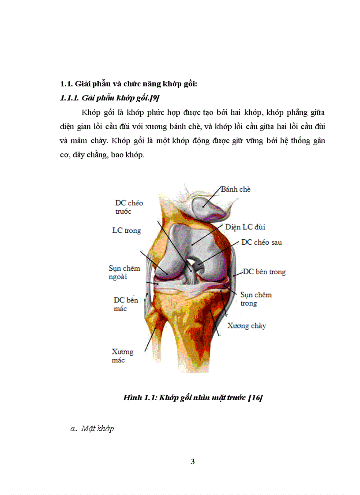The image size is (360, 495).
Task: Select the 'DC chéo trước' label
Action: (129, 207)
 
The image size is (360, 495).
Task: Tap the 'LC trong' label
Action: (126, 231)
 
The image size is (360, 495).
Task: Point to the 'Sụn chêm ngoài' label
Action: (124, 272)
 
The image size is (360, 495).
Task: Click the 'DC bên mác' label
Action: (126, 304)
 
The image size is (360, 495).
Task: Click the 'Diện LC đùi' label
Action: (245, 227)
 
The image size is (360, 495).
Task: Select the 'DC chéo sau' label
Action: (261, 242)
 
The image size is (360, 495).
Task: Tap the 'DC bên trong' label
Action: (264, 272)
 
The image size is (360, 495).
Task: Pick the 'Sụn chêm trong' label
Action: (255, 299)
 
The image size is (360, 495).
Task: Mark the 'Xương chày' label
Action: (247, 326)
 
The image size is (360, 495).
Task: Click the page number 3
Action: (192, 462)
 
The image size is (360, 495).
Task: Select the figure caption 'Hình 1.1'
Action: (138, 398)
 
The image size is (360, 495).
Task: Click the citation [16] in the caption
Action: (255, 398)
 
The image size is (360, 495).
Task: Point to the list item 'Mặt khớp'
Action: (97, 428)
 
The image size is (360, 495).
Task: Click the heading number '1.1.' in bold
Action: (66, 84)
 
